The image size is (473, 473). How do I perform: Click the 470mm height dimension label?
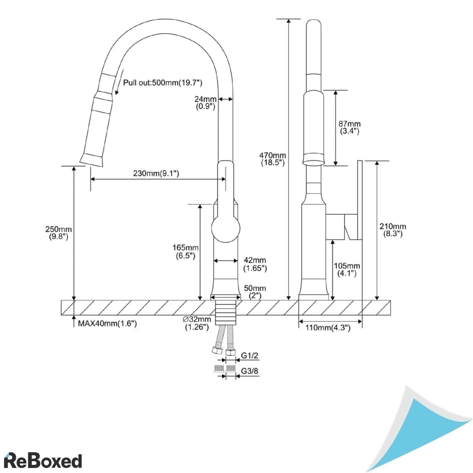point(273,159)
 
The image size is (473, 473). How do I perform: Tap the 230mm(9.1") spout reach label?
point(156,173)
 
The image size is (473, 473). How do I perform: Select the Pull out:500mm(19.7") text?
point(162,83)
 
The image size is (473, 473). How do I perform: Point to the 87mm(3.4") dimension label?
point(350,128)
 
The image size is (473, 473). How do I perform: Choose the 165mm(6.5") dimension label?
point(185,251)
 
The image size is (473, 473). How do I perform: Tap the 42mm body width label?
point(255,264)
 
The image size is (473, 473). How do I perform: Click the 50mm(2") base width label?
point(255,292)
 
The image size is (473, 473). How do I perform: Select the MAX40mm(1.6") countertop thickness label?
point(107,324)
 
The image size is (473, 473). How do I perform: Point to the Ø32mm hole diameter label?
point(197,323)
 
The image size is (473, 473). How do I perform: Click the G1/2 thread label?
point(250,356)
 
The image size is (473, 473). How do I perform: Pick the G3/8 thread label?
point(250,371)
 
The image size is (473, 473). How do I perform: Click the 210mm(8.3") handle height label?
point(393,230)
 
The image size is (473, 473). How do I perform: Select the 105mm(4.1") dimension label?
point(347,270)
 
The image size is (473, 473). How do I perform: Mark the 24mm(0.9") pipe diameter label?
point(205,102)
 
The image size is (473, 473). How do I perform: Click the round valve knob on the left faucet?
point(225,229)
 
